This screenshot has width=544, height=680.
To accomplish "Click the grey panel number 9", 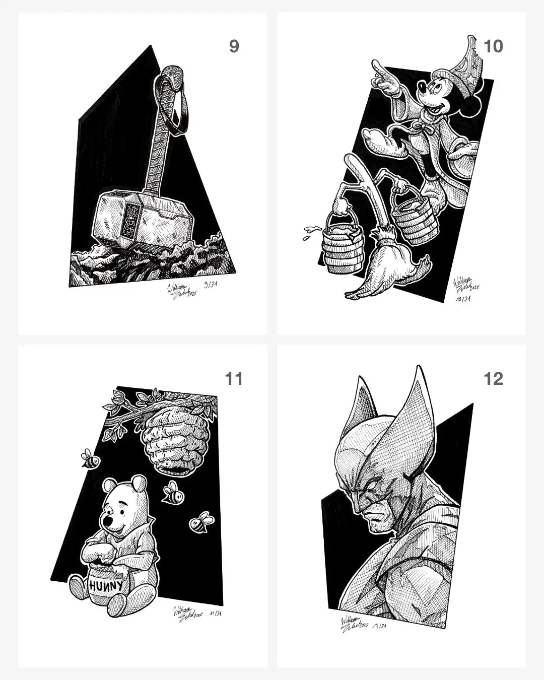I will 234,46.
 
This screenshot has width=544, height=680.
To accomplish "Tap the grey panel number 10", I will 493,46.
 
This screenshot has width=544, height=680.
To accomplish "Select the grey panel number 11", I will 234,378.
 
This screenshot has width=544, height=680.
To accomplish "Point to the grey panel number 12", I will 493,378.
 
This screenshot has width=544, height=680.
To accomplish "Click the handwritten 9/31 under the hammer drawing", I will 207,285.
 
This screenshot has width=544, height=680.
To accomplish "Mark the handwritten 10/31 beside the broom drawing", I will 462,299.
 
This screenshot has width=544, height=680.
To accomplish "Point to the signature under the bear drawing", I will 186,616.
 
